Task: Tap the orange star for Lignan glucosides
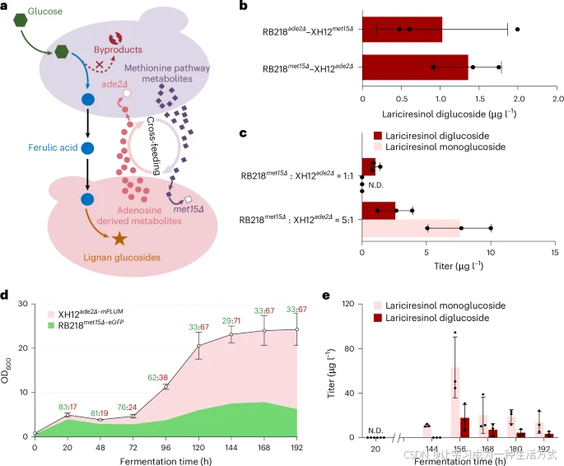[x=119, y=239]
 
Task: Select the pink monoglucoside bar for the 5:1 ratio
[x=411, y=227]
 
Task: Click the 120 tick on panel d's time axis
[x=198, y=447]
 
